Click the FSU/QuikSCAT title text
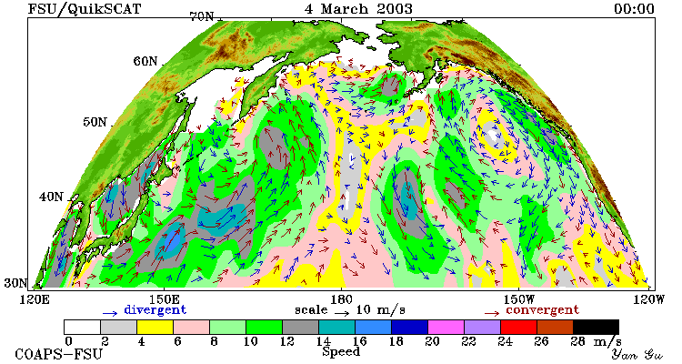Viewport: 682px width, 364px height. pyautogui.click(x=85, y=9)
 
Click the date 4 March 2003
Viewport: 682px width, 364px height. pyautogui.click(x=358, y=9)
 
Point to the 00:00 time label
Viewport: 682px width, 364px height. pyautogui.click(x=634, y=9)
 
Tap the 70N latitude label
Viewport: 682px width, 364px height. pyautogui.click(x=202, y=16)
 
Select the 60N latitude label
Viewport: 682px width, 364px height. pyautogui.click(x=145, y=61)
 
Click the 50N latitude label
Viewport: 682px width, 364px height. pyautogui.click(x=95, y=121)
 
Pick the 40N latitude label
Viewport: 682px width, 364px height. pyautogui.click(x=51, y=197)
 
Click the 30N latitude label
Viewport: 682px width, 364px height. pyautogui.click(x=15, y=283)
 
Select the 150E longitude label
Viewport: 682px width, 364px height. pyautogui.click(x=164, y=299)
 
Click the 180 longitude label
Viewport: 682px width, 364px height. pyautogui.click(x=341, y=299)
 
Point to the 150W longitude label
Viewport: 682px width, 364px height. pyautogui.click(x=518, y=299)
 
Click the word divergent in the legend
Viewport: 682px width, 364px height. pyautogui.click(x=155, y=310)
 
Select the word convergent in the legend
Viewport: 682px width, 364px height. pyautogui.click(x=542, y=310)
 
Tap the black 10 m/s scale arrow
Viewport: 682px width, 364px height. pyautogui.click(x=342, y=313)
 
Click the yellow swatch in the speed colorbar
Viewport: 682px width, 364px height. pyautogui.click(x=155, y=327)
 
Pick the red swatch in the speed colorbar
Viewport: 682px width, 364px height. pyautogui.click(x=518, y=327)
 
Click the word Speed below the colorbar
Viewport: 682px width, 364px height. pyautogui.click(x=341, y=352)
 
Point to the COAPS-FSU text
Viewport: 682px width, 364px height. pyautogui.click(x=59, y=354)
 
